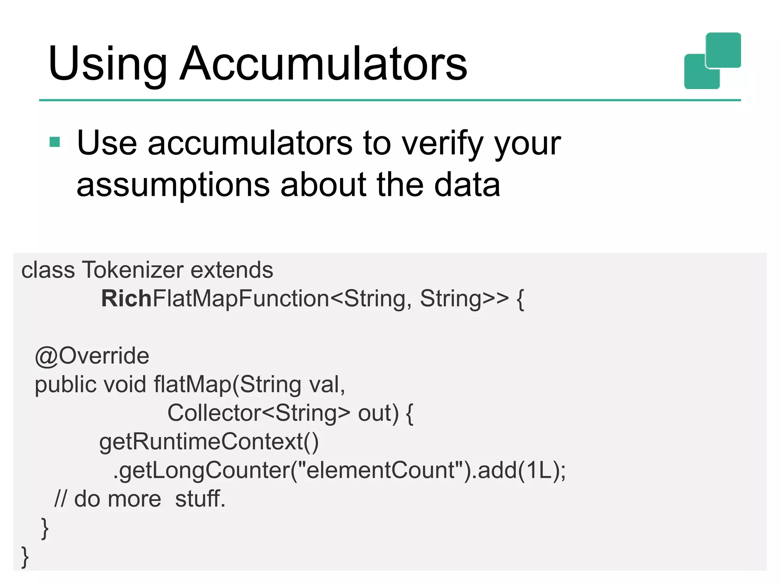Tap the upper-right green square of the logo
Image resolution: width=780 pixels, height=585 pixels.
click(x=723, y=50)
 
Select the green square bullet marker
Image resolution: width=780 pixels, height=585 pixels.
click(x=55, y=142)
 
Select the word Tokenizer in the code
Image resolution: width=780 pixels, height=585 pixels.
click(x=133, y=270)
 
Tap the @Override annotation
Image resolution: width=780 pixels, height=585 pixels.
click(x=92, y=356)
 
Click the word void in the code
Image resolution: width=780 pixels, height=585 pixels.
click(x=125, y=384)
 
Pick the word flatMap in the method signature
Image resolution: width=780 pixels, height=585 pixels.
click(x=193, y=384)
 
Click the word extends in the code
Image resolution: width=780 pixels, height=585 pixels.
click(x=232, y=270)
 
